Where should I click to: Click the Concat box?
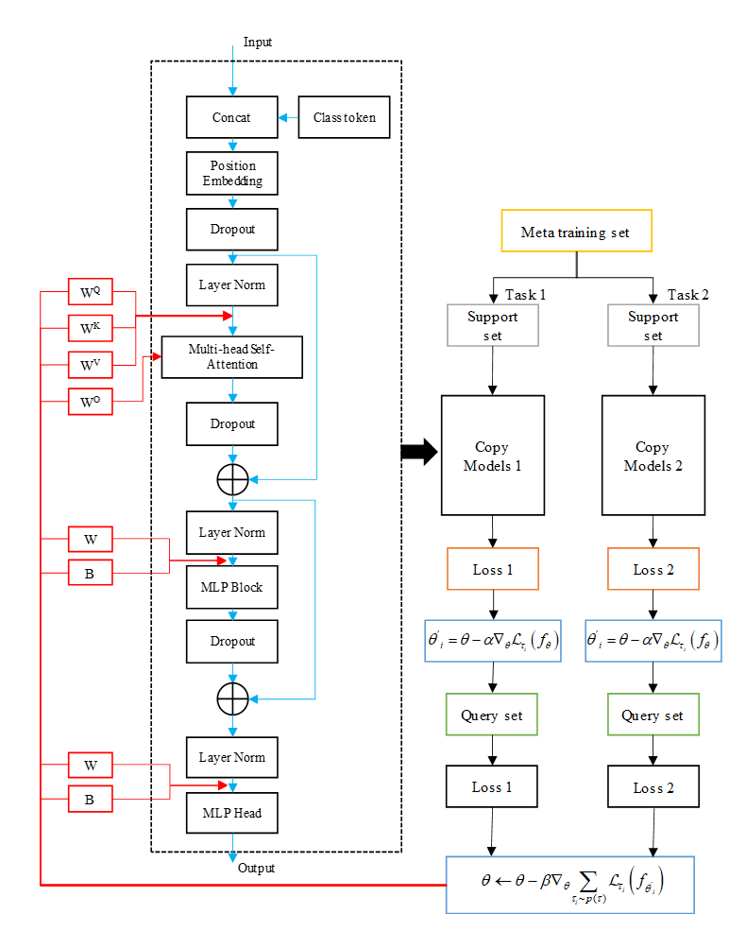232,118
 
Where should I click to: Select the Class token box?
344,118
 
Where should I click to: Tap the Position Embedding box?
232,174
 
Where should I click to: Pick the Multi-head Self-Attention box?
232,357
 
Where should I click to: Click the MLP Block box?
232,588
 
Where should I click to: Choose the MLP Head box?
232,813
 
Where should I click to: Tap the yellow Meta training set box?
574,233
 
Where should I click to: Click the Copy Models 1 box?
493,455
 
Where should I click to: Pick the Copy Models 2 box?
653,455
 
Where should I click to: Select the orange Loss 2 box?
653,569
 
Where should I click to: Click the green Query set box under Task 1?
493,715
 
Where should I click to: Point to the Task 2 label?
687,294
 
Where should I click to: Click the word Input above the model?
258,43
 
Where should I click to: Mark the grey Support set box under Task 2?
653,326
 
